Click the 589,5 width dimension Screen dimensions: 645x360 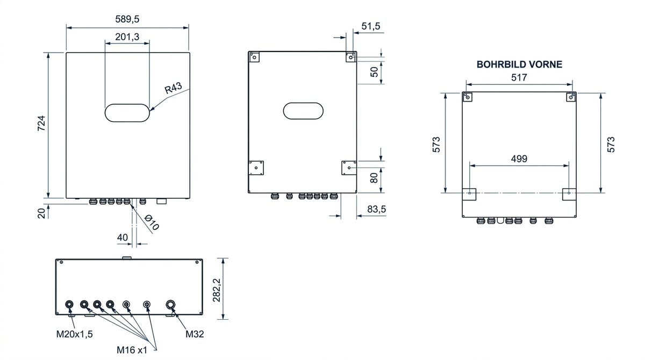tap(127, 19)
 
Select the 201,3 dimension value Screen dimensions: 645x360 tap(127, 37)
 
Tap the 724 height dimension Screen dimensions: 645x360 tap(41, 124)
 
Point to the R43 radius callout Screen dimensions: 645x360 tap(173, 88)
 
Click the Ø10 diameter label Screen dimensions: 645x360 tap(152, 222)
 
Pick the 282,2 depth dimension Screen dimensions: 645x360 tap(217, 290)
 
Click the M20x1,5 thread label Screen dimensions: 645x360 tap(75, 334)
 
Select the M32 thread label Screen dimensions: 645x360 tap(195, 334)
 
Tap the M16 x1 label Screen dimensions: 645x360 tap(132, 350)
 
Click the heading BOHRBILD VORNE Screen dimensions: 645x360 tap(519, 64)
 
